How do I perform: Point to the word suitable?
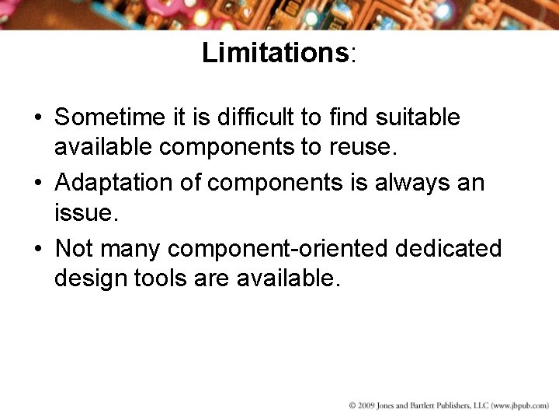418,117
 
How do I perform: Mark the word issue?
85,212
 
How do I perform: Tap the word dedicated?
449,249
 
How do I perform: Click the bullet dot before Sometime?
37,118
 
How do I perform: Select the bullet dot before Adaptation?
37,184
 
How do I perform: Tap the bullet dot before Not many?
37,250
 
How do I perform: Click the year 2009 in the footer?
366,406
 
